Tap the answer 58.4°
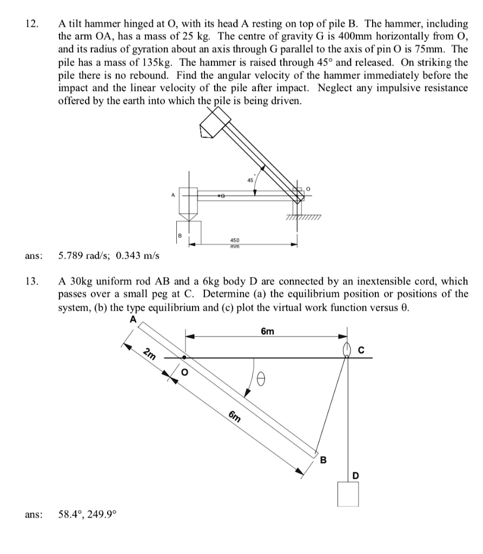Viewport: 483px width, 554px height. pyautogui.click(x=70, y=515)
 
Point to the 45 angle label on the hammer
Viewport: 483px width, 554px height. pyautogui.click(x=250, y=180)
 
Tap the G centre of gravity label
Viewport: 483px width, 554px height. pyautogui.click(x=222, y=193)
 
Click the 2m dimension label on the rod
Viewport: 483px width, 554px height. pyautogui.click(x=150, y=355)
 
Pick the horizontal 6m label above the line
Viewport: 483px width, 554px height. pyautogui.click(x=267, y=331)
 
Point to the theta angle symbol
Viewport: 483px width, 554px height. pyautogui.click(x=262, y=380)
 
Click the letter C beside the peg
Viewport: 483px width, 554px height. pyautogui.click(x=361, y=350)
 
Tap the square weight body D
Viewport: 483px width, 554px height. pyautogui.click(x=347, y=493)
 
